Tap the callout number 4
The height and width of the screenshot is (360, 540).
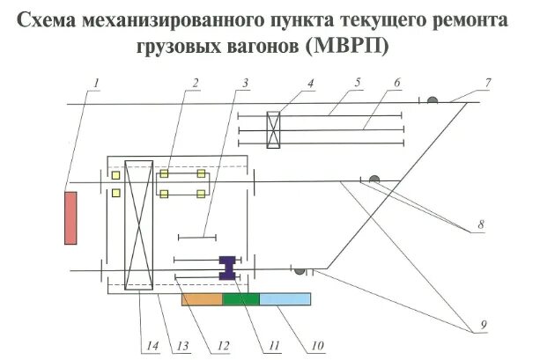coord(310,84)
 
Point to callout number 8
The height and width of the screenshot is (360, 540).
coord(481,226)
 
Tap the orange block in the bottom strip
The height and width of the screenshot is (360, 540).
coord(202,299)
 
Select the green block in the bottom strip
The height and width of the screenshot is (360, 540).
coord(240,299)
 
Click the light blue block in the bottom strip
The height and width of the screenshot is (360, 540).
coord(285,299)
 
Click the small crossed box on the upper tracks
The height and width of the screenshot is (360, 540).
coord(273,129)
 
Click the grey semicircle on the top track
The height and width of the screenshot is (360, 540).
coord(433,101)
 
